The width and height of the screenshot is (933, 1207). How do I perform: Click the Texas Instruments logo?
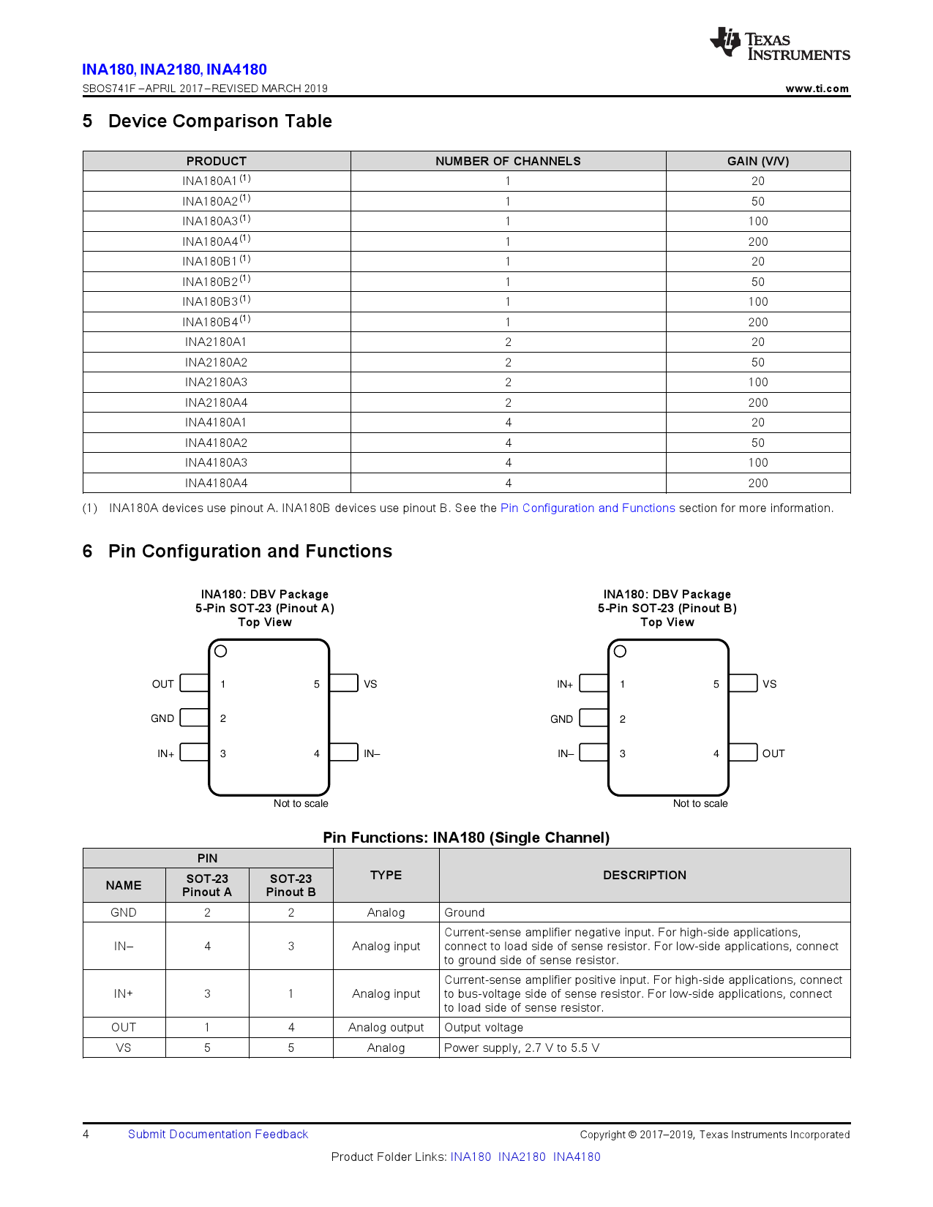[x=779, y=44]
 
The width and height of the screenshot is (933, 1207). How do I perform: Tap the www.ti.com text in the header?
[x=817, y=89]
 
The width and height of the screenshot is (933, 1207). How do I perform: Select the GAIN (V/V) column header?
[x=757, y=161]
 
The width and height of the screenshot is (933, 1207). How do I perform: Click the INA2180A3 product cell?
[x=216, y=382]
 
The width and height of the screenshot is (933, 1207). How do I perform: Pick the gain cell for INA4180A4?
[x=757, y=483]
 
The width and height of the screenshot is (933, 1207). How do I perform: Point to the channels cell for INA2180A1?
[x=508, y=342]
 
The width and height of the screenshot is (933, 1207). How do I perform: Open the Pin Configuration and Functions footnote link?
[x=588, y=508]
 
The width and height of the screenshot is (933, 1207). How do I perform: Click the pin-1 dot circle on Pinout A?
[x=221, y=651]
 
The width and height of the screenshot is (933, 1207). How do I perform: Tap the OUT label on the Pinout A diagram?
[x=162, y=684]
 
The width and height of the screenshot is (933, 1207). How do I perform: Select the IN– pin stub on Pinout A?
[x=344, y=752]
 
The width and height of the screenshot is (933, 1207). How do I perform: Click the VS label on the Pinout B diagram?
[x=769, y=684]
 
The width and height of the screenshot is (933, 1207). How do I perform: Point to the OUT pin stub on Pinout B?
[x=743, y=752]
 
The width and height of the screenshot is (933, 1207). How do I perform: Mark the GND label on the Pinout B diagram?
[x=561, y=719]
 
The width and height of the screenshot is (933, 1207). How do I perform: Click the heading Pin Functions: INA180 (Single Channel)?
[x=466, y=838]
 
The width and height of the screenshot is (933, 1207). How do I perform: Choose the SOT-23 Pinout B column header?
[x=291, y=885]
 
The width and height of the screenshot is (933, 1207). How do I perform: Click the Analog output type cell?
[x=386, y=1027]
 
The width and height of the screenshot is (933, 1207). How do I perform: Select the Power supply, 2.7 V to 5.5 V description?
[x=522, y=1048]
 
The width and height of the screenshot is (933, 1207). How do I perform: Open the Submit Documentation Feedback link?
[x=218, y=1134]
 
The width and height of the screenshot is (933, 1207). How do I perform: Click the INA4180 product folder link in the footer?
[x=577, y=1157]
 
